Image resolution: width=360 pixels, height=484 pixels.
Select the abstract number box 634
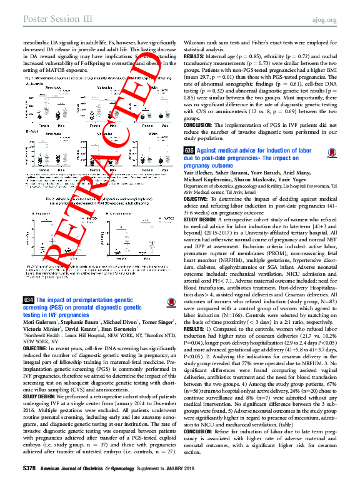[27, 300]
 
